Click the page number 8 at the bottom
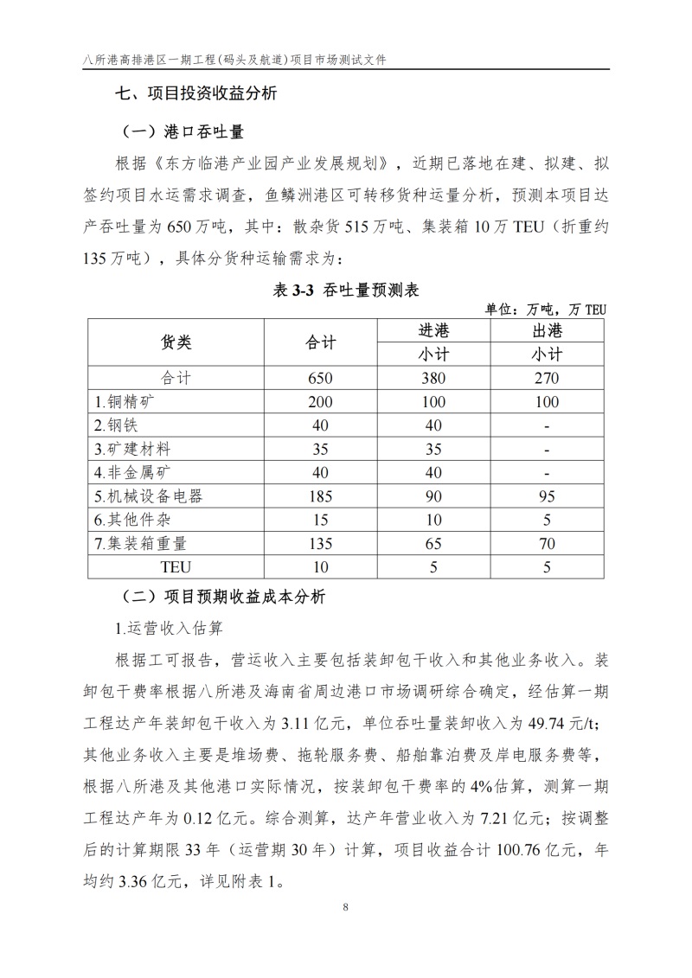(345, 908)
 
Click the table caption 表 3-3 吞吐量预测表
(346, 291)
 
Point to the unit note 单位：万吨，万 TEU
(547, 310)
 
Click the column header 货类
(176, 342)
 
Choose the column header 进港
(433, 331)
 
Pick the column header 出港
(547, 331)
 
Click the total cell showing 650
(320, 378)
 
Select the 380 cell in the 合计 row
(433, 378)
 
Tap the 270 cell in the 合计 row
(547, 378)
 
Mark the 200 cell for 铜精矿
(320, 401)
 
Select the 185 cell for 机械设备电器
(320, 496)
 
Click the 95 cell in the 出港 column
(547, 496)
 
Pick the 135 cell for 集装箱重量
(320, 544)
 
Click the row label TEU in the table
(176, 567)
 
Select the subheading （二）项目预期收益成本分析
(221, 597)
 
